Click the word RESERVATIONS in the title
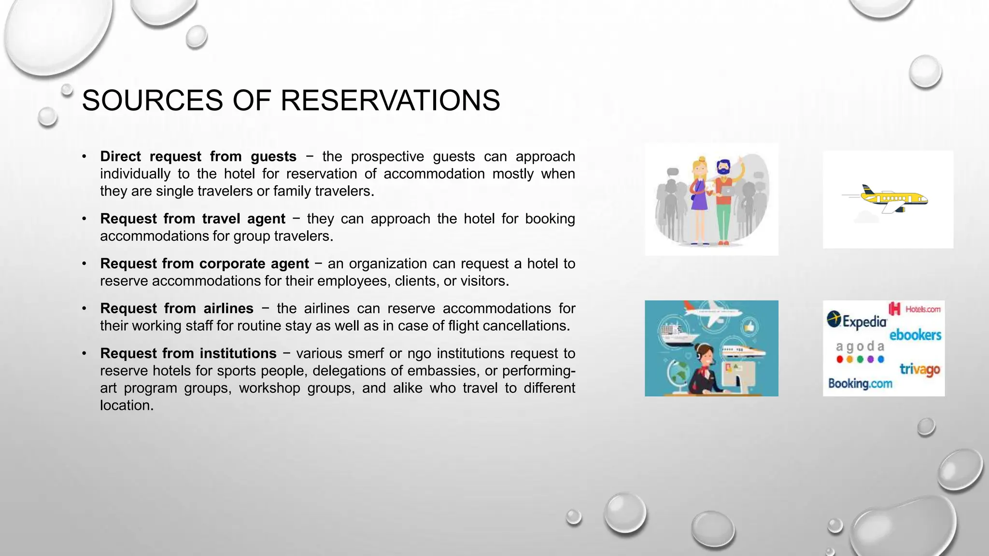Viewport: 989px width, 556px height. tap(390, 100)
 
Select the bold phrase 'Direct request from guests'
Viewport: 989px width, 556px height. tap(198, 156)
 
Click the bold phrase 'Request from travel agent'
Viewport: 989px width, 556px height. tap(193, 219)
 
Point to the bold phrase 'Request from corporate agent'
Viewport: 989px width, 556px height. tap(204, 264)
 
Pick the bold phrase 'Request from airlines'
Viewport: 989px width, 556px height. tap(177, 308)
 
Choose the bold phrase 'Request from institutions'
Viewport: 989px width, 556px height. tap(188, 353)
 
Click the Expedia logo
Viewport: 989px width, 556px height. tap(857, 320)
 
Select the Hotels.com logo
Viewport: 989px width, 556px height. tap(915, 309)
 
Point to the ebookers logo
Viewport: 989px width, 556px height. tap(915, 334)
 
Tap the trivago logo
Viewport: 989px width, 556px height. tap(919, 370)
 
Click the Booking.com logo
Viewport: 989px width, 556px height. tap(860, 384)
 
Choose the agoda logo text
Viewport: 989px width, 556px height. tap(860, 347)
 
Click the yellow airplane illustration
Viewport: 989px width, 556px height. tap(893, 198)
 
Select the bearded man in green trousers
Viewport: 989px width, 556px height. tap(723, 203)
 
